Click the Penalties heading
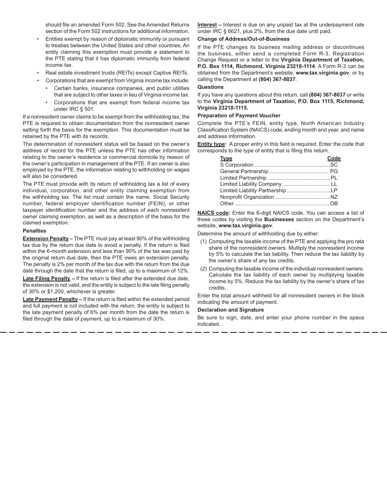click(34, 231)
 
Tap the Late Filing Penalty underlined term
click(46, 279)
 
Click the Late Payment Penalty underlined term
click(50, 299)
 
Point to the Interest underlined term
click(207, 25)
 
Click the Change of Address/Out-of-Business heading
click(244, 39)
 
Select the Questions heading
click(211, 87)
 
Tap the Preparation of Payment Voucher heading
click(239, 116)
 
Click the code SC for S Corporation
click(334, 165)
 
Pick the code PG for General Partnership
click(334, 171)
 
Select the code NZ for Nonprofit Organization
click(334, 197)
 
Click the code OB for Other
click(334, 204)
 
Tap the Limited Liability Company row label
click(251, 184)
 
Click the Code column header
click(334, 158)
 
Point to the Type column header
click(226, 158)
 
